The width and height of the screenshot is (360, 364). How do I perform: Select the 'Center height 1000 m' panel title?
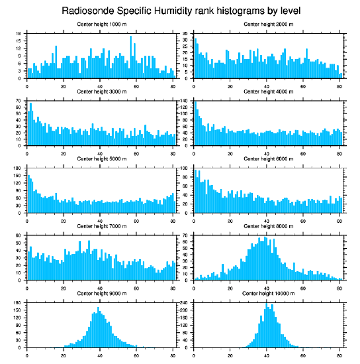coord(102,24)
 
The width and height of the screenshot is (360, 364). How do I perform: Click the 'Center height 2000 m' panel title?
coord(268,24)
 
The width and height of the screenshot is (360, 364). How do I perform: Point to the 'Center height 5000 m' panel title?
coord(102,159)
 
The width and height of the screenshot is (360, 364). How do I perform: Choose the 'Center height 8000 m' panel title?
coord(268,226)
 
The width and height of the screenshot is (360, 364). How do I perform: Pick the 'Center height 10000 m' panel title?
coord(268,293)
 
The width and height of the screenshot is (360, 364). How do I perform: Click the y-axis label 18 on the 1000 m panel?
coord(19,34)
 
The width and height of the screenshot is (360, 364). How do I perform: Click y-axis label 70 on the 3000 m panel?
coord(19,101)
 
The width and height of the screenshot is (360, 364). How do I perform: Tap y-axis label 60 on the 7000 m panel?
coord(19,236)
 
